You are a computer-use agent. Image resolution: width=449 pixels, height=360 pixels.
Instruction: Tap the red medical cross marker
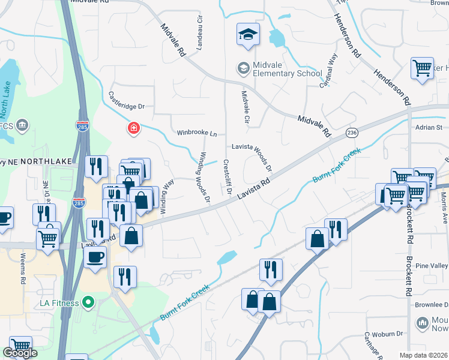(133, 128)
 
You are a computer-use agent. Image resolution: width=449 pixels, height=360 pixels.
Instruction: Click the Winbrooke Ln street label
(197, 133)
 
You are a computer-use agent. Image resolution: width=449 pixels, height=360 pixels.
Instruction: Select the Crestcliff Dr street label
(228, 178)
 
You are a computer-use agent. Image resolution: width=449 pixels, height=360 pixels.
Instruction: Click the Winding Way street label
(166, 192)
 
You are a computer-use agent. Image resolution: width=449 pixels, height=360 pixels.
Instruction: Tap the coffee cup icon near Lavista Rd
(95, 258)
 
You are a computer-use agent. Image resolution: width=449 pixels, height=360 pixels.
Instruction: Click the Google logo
(20, 353)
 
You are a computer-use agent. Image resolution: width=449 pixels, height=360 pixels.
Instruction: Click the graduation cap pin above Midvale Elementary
(247, 35)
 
